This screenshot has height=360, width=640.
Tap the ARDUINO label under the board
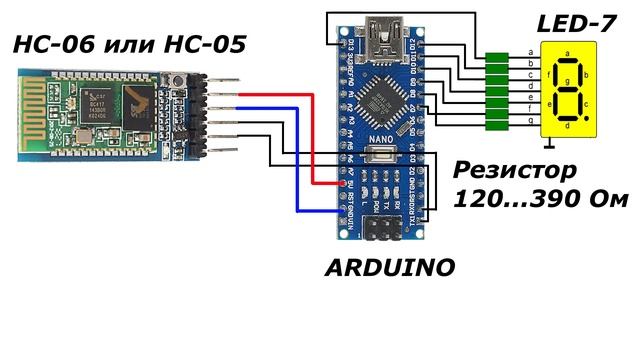390,268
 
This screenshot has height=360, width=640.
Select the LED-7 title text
575,22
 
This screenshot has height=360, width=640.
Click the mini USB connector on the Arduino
383,40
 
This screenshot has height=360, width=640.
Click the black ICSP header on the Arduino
381,229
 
